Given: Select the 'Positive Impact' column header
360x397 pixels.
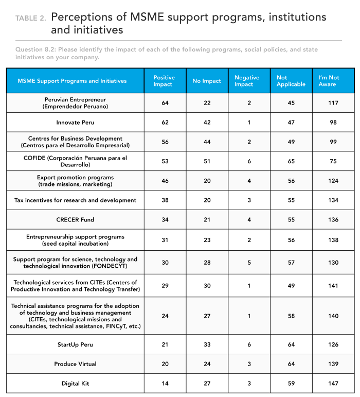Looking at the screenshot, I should (164, 81).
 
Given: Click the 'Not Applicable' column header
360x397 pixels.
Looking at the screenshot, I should (291, 81).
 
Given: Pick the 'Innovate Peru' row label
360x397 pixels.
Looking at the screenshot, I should (75, 123).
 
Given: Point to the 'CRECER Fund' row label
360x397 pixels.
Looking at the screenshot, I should (75, 219).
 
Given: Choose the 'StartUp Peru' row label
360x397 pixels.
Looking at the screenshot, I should (75, 344).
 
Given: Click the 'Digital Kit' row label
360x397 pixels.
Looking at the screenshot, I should (75, 383).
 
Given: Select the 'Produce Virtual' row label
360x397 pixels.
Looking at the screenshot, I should (75, 364).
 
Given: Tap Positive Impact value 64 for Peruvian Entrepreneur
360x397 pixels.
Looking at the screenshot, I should (165, 103).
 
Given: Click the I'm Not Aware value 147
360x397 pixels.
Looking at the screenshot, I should (333, 383).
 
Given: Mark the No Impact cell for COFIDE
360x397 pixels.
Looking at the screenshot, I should (207, 161).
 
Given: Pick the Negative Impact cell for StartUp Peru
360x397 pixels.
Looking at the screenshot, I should (249, 344).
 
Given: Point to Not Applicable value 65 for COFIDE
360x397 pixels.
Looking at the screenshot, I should (291, 161).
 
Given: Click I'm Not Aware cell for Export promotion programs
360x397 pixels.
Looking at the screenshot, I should (333, 181).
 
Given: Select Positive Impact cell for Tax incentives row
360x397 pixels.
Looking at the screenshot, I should (165, 200).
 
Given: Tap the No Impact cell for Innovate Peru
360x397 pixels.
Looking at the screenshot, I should (207, 123).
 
